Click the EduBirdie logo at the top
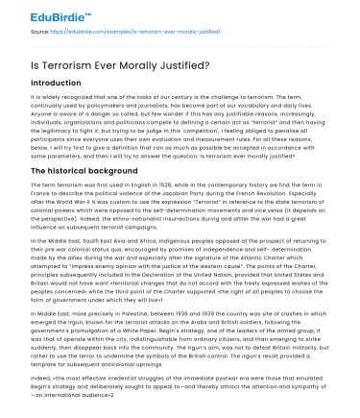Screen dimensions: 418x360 (x=46, y=13)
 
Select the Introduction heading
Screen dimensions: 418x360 (x=57, y=84)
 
